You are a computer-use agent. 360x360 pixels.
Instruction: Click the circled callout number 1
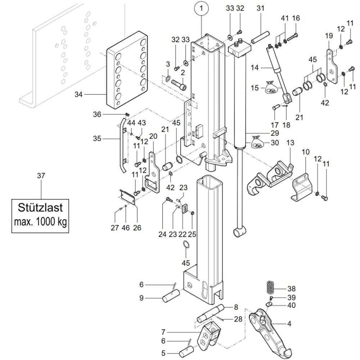[x=202, y=7]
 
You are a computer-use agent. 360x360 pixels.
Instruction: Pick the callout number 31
[x=260, y=8]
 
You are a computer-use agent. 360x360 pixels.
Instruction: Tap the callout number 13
[x=290, y=143]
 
